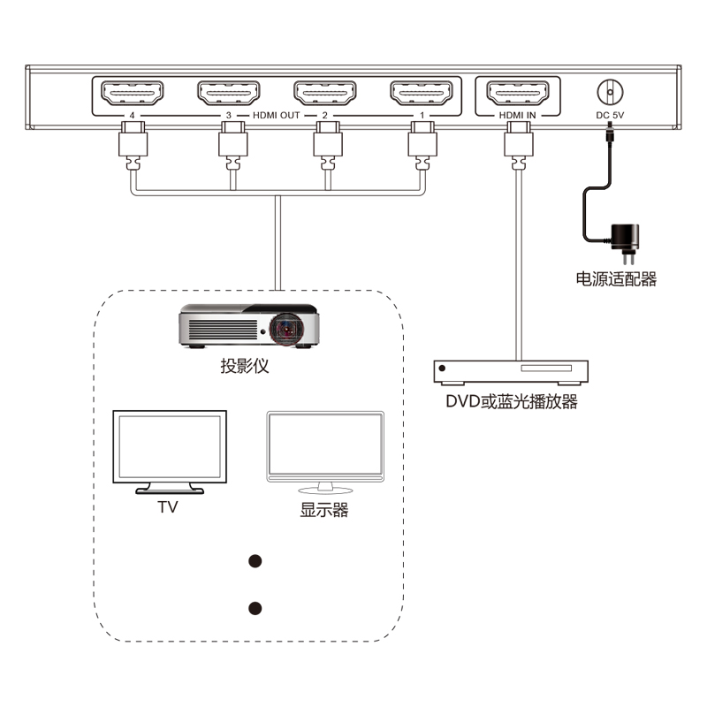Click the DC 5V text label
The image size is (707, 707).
609,115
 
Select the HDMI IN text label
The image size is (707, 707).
517,115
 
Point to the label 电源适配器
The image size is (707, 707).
616,279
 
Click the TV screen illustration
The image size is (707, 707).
168,449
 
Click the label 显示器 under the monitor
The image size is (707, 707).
324,510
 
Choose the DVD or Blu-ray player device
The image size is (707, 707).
511,371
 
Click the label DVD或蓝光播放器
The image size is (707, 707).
511,403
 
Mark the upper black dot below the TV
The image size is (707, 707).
256,561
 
